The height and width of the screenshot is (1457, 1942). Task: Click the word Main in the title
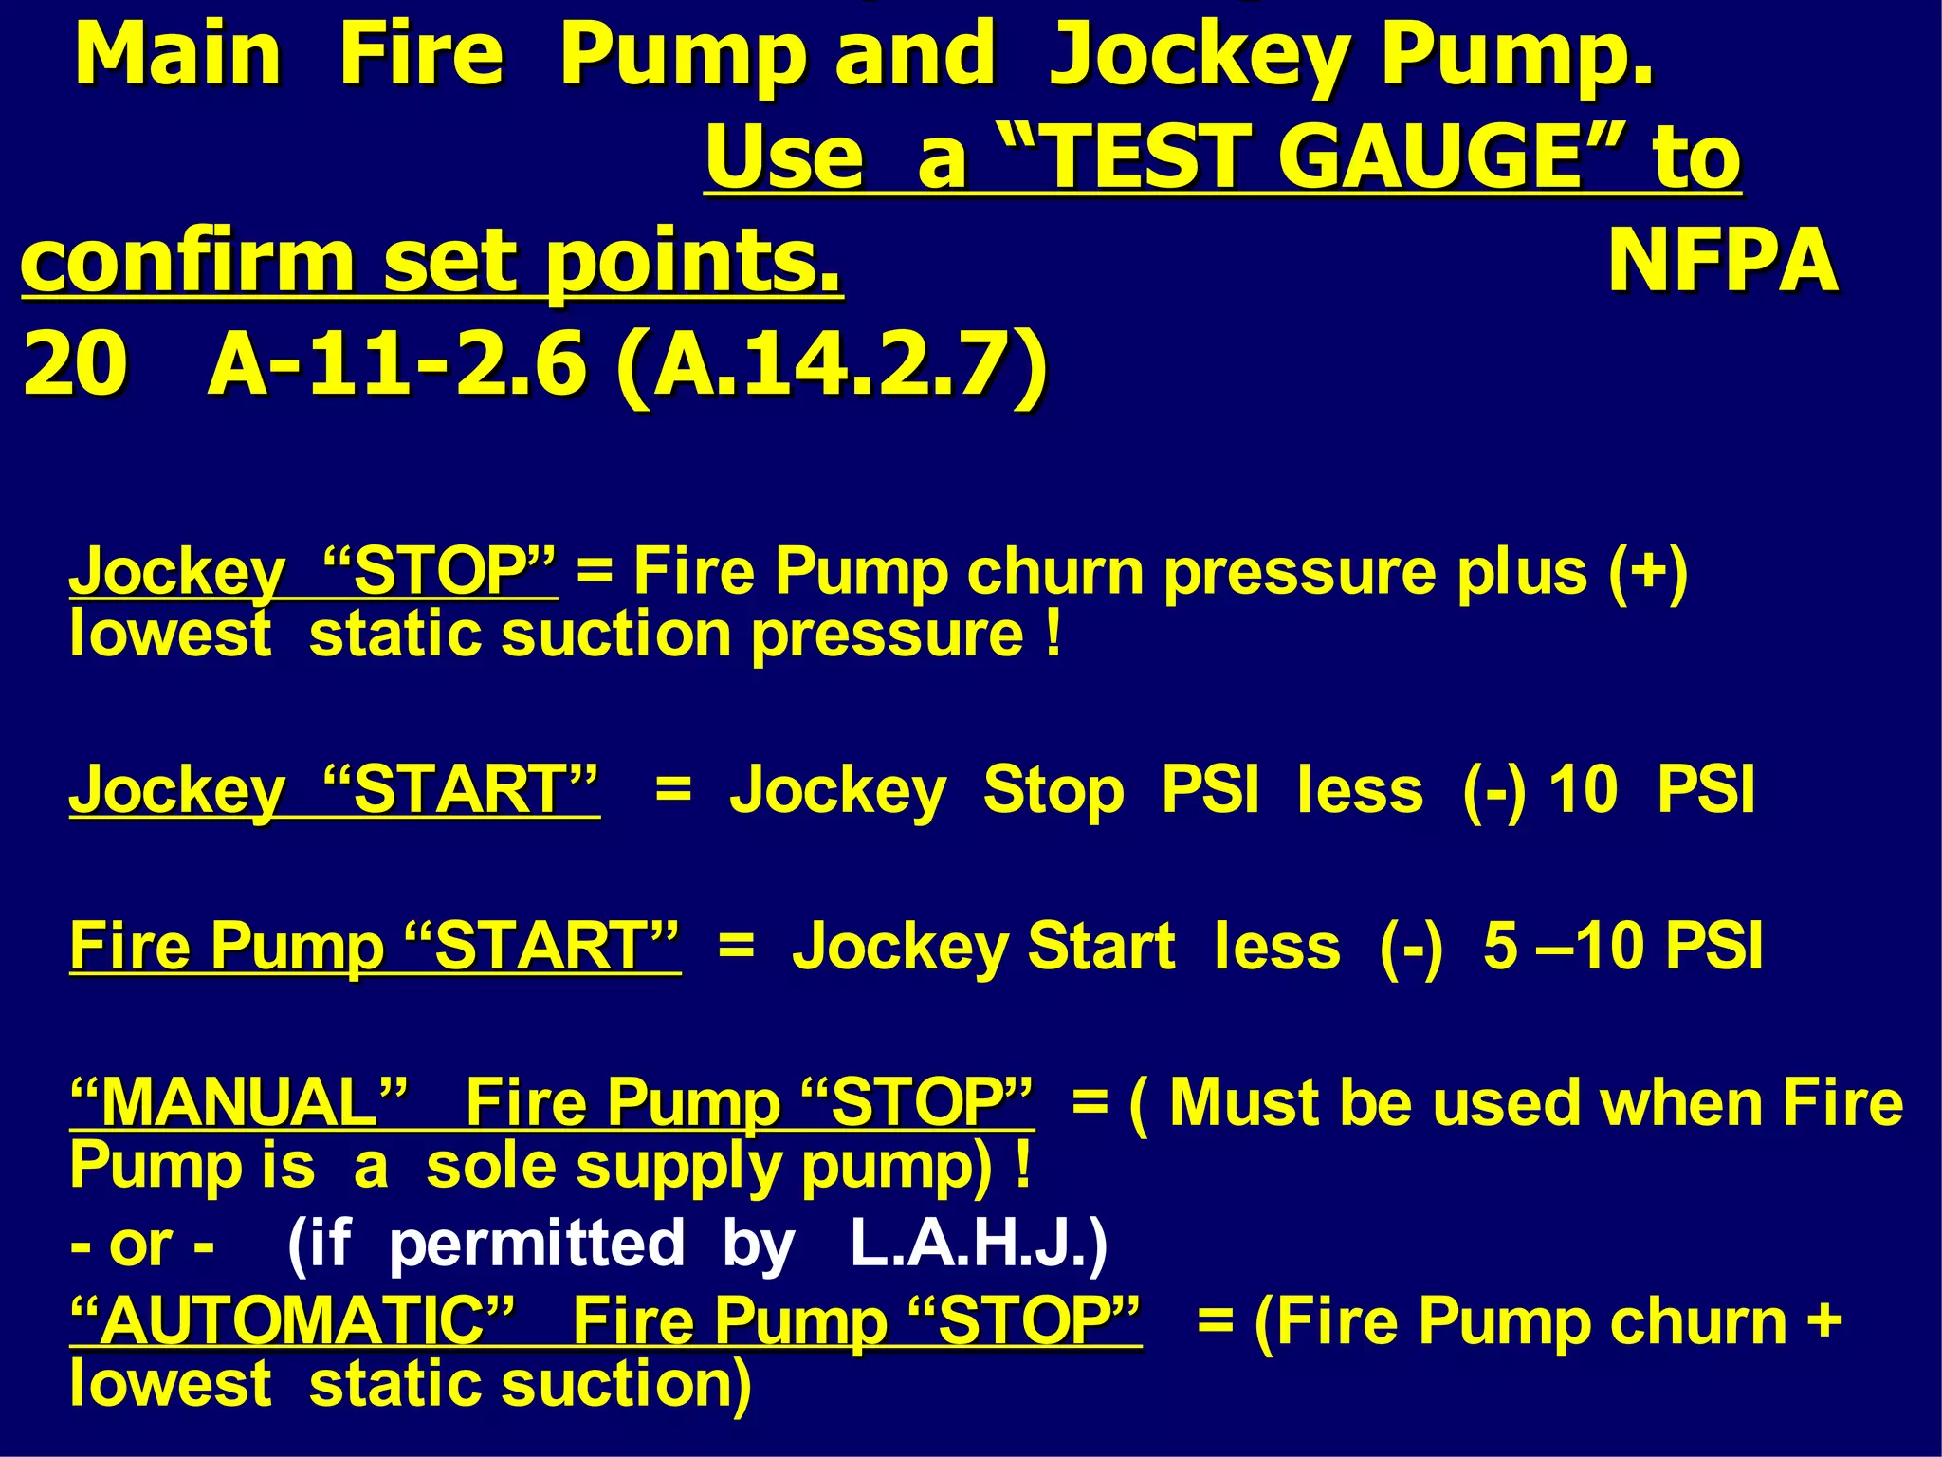pos(178,54)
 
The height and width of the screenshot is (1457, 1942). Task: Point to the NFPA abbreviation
pos(1723,261)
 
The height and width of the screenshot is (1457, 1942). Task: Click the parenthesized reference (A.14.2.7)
pos(832,365)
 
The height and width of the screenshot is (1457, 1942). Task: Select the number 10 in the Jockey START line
pos(1582,789)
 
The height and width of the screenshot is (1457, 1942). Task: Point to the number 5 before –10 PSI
pos(1501,946)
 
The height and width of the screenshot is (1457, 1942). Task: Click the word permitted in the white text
pos(537,1244)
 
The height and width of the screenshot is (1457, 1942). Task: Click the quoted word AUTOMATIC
pos(293,1320)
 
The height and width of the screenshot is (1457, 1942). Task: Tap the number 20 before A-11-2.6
pos(75,365)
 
